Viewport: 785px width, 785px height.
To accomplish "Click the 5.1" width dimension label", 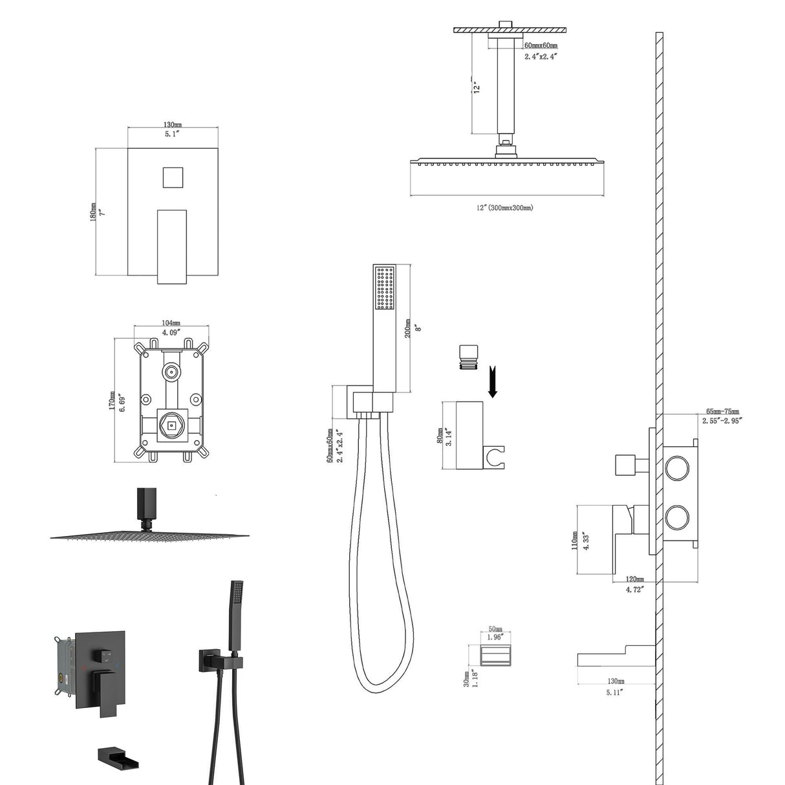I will coord(172,134).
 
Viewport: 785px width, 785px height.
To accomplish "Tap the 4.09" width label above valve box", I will coord(171,332).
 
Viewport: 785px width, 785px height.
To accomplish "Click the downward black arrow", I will coord(492,382).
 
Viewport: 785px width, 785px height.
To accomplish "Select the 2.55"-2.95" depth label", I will coord(722,420).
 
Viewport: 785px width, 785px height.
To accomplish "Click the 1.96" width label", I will coord(495,637).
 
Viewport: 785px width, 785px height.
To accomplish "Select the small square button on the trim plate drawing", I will coord(172,177).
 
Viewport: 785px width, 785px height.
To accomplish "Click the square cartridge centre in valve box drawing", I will coord(171,425).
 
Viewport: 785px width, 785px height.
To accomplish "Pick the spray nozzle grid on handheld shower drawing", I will coord(385,288).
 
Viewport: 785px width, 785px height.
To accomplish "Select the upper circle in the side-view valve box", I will coord(678,468).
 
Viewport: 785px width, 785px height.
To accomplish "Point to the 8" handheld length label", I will coord(418,328).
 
